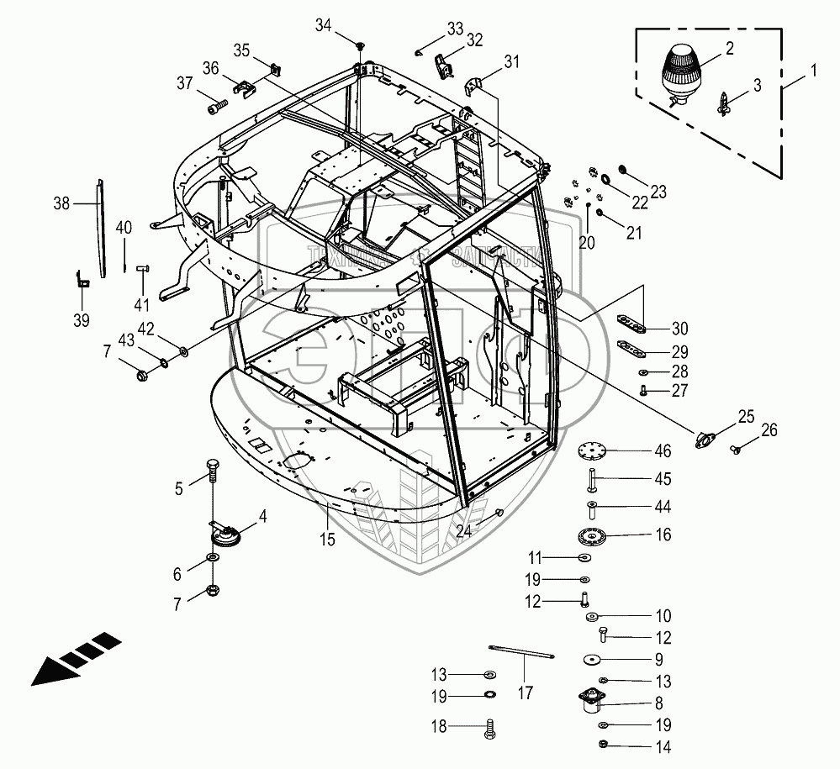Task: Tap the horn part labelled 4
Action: (x=226, y=535)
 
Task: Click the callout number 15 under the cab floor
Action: (x=327, y=540)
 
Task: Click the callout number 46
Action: (x=663, y=452)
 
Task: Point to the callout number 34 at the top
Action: (x=323, y=27)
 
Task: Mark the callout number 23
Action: (x=658, y=192)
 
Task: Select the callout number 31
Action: (x=512, y=61)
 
